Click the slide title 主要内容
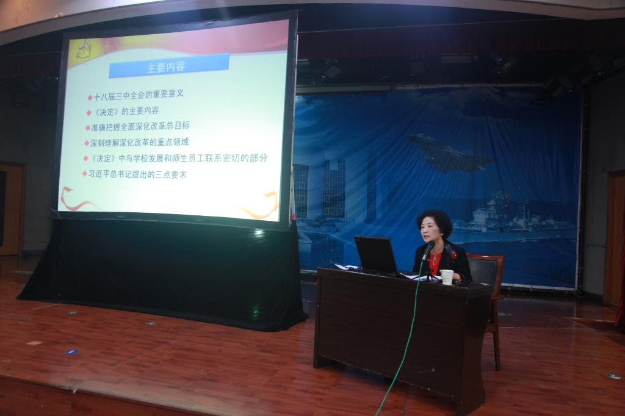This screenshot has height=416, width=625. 166,66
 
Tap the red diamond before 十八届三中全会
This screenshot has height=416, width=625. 90,97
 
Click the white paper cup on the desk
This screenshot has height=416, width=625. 447,278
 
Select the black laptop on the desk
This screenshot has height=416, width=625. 377,256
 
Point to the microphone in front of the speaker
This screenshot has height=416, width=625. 428,251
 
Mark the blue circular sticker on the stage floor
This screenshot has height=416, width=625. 71,352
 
